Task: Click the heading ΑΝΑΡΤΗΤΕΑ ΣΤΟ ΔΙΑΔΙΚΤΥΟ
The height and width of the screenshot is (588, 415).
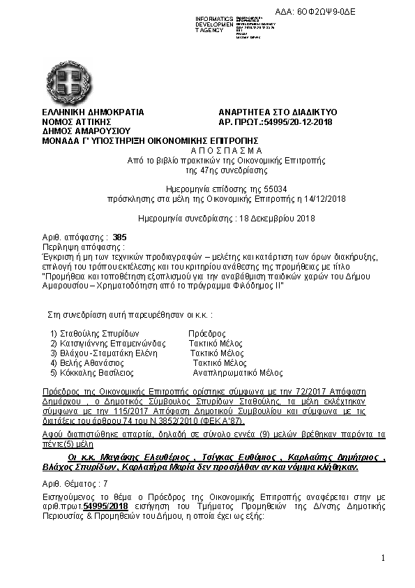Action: pos(278,112)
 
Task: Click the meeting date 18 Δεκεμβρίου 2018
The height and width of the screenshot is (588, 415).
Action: pos(255,218)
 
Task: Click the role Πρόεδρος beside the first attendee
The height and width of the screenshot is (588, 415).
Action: pos(207,334)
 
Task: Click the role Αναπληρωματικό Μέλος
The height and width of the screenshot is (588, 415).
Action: pos(237,373)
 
